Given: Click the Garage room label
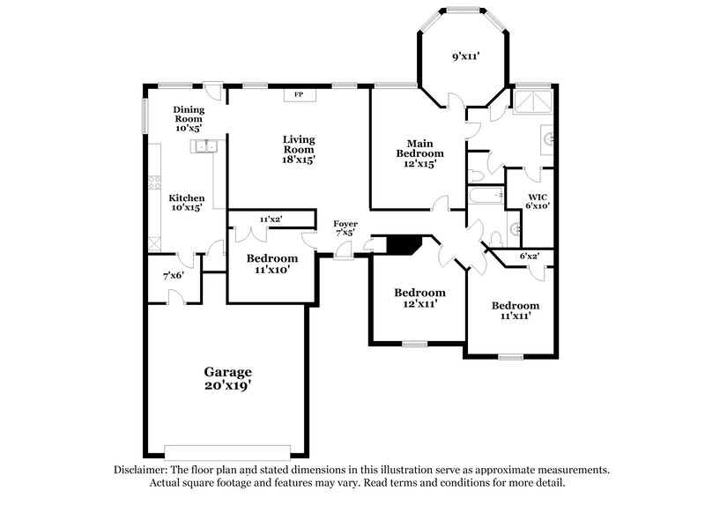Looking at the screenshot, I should click(x=228, y=378).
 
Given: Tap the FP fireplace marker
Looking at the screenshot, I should click(x=297, y=94).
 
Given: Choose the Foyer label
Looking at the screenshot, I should click(x=345, y=229).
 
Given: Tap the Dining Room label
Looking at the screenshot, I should click(x=189, y=119).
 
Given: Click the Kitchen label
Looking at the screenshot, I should click(x=187, y=204).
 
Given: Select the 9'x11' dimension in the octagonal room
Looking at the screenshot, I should click(x=466, y=56).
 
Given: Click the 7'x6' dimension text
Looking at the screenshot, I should click(x=173, y=276).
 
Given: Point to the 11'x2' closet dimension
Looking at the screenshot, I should click(x=271, y=219).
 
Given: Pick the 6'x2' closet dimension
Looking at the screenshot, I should click(x=529, y=256).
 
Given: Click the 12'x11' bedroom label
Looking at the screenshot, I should click(x=419, y=298).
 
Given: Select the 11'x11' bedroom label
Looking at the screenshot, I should click(x=515, y=311).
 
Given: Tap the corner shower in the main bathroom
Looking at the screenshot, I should click(x=533, y=102).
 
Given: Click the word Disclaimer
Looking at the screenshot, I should click(x=142, y=471).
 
